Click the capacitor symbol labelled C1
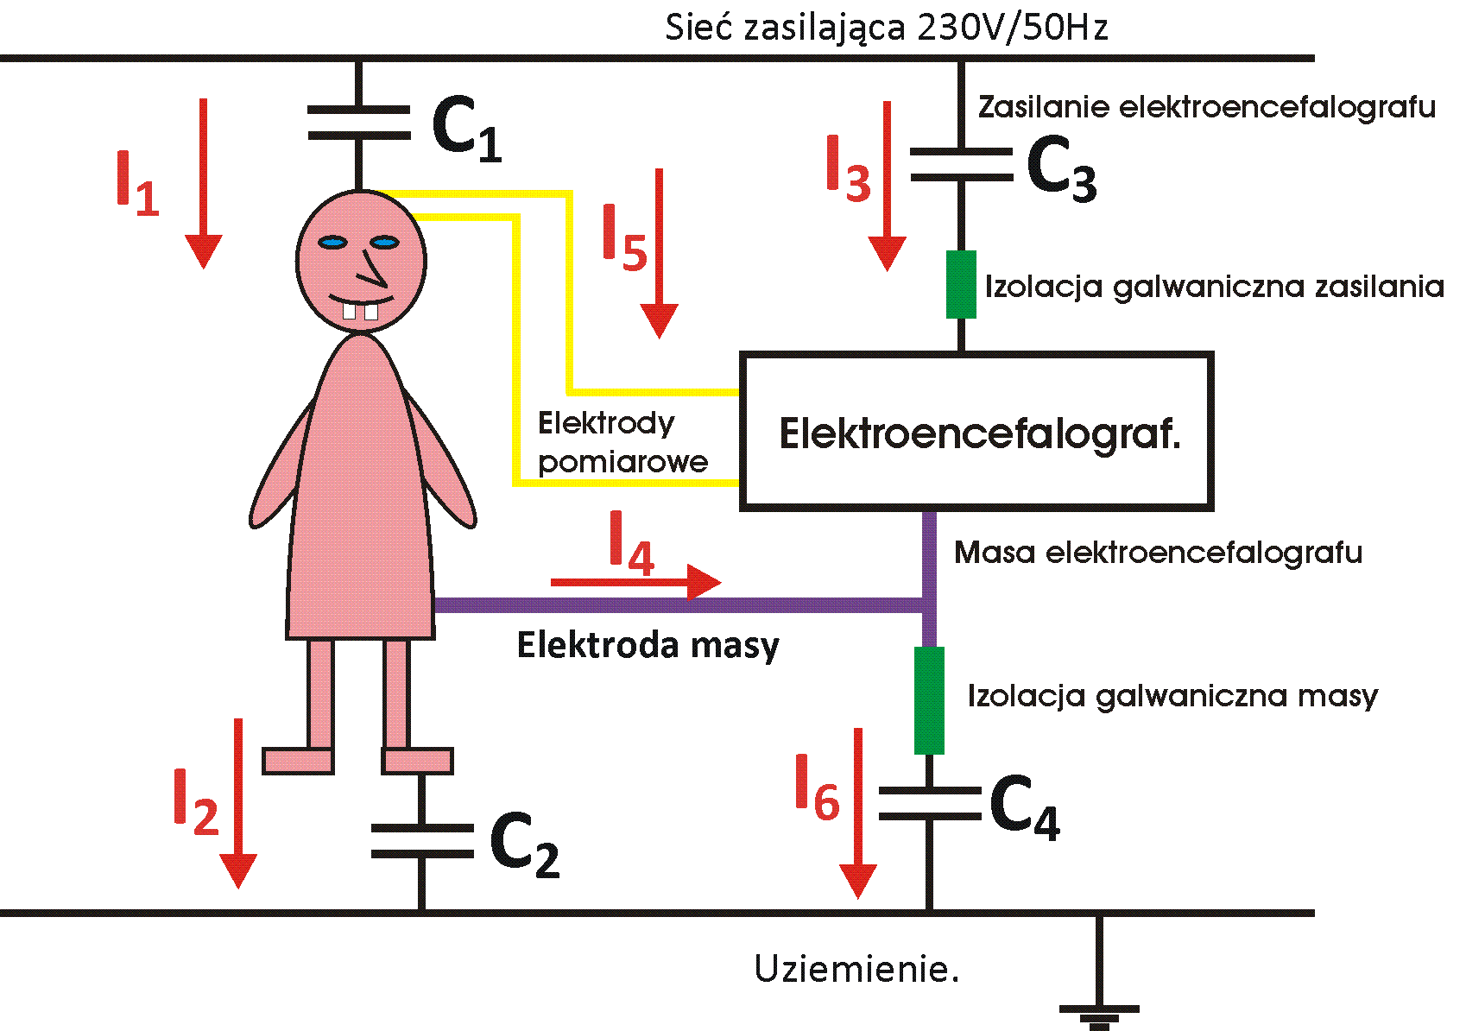358,123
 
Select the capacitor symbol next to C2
421,841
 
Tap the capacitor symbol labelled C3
961,165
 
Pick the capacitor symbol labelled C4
929,803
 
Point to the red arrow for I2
237,803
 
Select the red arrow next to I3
887,186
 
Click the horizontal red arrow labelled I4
635,582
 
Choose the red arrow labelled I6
857,813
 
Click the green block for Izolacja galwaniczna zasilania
961,284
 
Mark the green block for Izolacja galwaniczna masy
929,700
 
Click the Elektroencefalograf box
976,431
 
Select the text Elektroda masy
648,645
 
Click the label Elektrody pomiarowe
622,442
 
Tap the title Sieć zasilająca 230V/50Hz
886,28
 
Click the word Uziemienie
856,969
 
